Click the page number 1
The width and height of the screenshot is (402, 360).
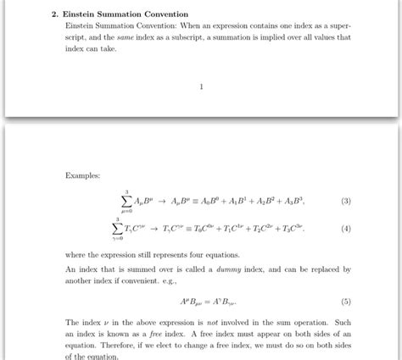200,86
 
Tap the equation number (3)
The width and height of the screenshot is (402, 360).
345,202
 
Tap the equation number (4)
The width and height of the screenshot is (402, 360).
345,229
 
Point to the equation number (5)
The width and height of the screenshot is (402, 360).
345,301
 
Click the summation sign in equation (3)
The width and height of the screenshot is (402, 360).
126,201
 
